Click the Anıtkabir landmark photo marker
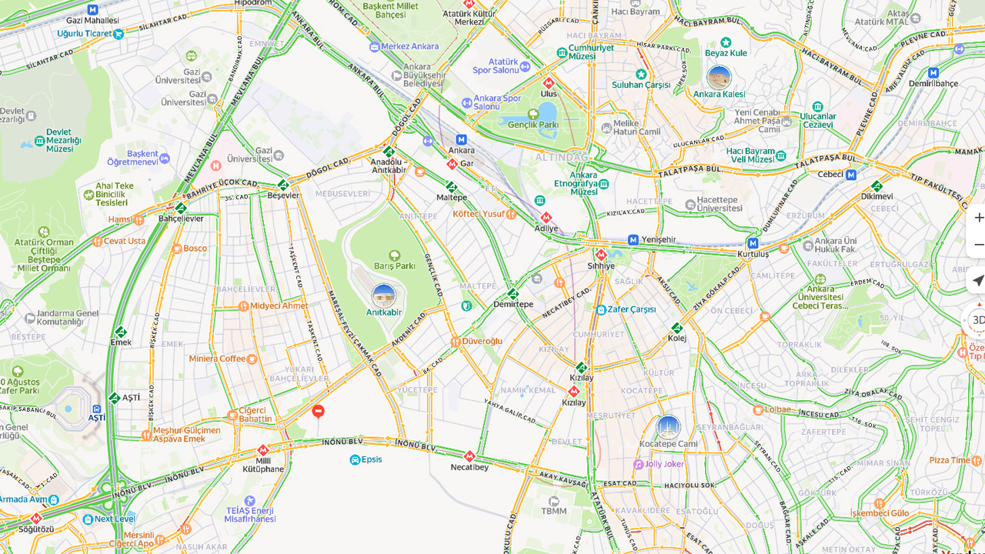tap(383, 295)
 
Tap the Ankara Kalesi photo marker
tap(719, 77)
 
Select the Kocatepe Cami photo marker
tap(668, 427)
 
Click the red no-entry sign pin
tap(318, 411)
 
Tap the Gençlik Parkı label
tap(533, 125)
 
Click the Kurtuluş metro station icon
tap(753, 243)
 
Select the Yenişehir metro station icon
tap(633, 240)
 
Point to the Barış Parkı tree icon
tap(395, 255)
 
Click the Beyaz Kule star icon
tap(726, 42)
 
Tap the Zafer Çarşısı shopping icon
tap(601, 309)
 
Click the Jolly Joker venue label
tap(664, 464)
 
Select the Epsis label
tap(371, 459)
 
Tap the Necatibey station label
tap(469, 467)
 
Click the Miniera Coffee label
tap(217, 359)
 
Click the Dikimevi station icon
tap(876, 186)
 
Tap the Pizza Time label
tap(950, 460)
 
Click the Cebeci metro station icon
tap(851, 175)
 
